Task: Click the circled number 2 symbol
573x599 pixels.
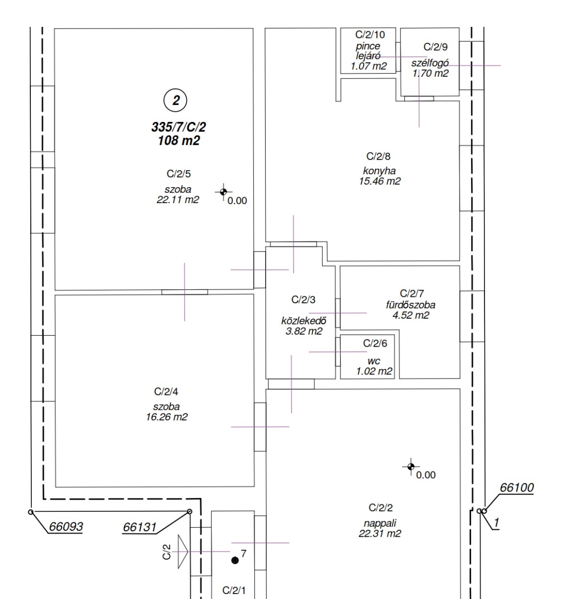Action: (175, 100)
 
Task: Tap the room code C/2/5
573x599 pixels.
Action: (179, 174)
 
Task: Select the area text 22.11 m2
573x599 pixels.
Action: (178, 200)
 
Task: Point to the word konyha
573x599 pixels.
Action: (379, 171)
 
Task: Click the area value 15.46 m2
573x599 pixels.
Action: (380, 181)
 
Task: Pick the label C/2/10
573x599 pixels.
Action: (370, 34)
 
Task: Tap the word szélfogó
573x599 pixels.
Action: (430, 63)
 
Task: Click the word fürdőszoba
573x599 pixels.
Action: (411, 305)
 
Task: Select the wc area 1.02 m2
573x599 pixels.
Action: (374, 371)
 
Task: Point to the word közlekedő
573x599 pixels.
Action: (303, 321)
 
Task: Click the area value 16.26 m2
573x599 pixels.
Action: (167, 417)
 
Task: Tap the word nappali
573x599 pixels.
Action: (380, 523)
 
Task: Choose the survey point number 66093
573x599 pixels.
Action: (66, 526)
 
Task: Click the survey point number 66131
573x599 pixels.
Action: (140, 527)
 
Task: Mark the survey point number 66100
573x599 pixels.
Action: (516, 487)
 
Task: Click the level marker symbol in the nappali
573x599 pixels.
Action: (411, 467)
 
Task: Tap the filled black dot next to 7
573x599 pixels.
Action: (235, 560)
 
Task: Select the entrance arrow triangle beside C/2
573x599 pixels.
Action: (183, 552)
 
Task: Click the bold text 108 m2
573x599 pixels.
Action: (179, 141)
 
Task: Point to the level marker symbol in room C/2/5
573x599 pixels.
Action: (224, 192)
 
